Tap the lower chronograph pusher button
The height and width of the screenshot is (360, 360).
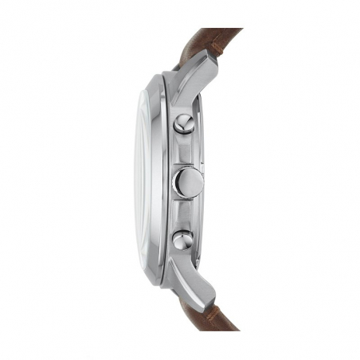tap(182, 238)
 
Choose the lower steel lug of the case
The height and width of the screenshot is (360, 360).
tap(196, 283)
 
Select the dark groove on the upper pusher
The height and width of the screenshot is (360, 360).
tap(185, 122)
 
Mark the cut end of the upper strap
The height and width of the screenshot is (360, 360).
tap(231, 33)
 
